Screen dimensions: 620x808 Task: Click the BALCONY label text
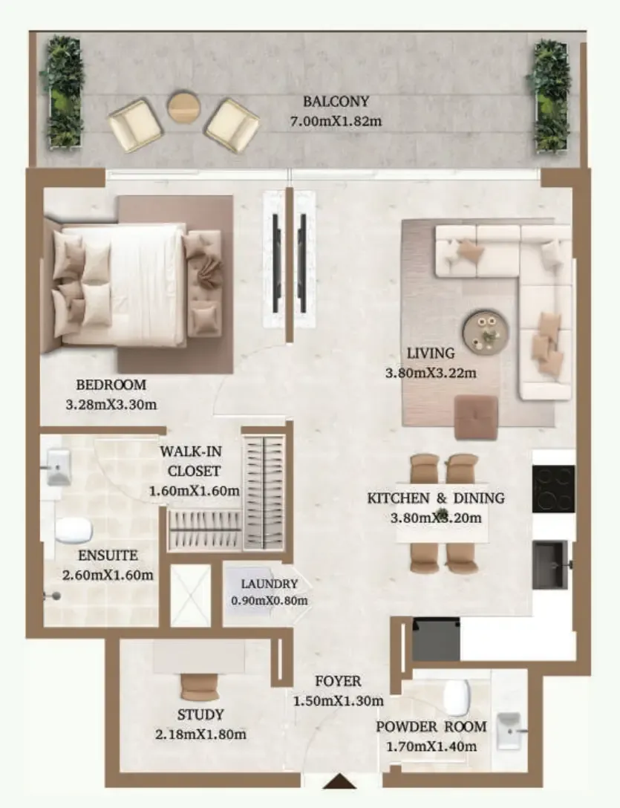(x=336, y=102)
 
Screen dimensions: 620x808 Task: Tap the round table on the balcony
(x=184, y=107)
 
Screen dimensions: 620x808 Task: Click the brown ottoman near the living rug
(x=476, y=417)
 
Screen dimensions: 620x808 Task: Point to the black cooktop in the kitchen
(x=553, y=489)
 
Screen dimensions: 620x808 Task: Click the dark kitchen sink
(x=550, y=564)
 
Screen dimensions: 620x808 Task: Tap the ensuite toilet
(x=74, y=530)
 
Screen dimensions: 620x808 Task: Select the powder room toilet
(x=456, y=698)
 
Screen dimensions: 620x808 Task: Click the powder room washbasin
(x=509, y=732)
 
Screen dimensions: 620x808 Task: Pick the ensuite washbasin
(x=58, y=467)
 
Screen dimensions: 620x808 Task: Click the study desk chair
(x=199, y=686)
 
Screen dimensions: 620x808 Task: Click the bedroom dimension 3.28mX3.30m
(x=111, y=405)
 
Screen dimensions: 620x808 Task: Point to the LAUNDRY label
(x=270, y=584)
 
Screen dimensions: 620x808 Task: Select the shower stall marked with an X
(x=191, y=596)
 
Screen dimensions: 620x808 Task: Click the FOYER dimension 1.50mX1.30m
(x=338, y=701)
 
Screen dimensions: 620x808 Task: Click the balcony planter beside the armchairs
(x=65, y=93)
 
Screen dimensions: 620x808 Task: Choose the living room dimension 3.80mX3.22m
(x=431, y=373)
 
